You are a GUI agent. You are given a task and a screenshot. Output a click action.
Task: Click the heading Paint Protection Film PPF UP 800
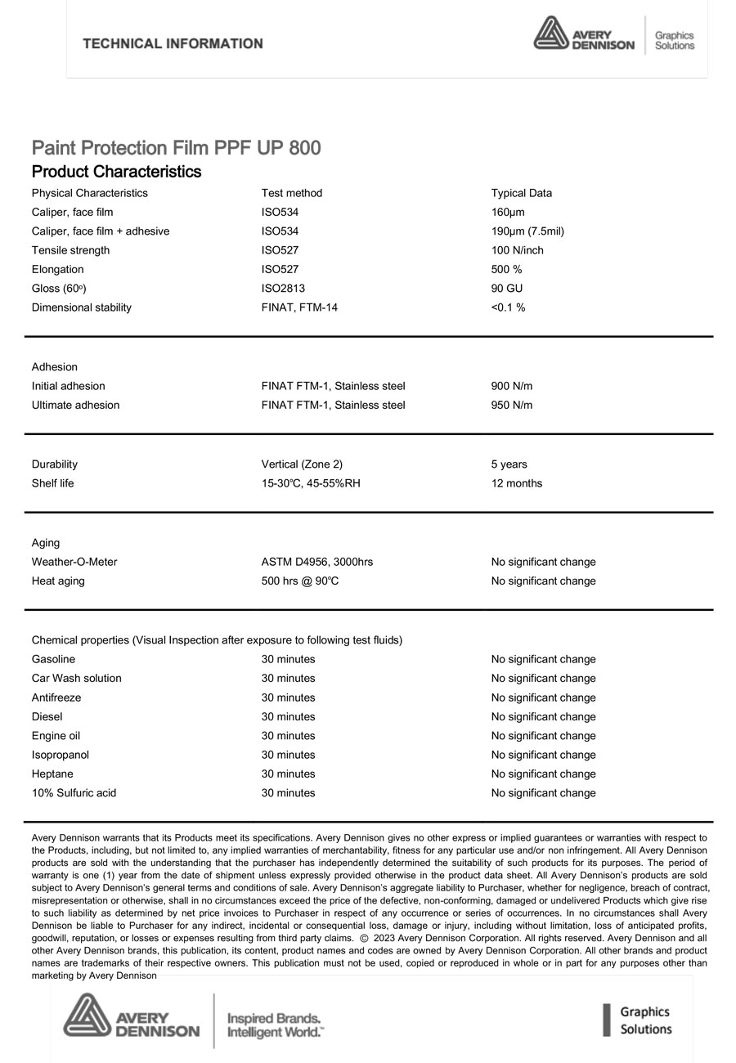176,148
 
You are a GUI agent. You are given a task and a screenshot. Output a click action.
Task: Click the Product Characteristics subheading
116,172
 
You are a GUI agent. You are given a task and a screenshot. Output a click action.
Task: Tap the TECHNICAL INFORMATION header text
173,43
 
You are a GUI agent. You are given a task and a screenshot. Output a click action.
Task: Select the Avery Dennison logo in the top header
584,34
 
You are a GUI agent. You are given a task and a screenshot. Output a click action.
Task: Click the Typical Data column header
521,193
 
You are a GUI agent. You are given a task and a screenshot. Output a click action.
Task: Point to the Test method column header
291,193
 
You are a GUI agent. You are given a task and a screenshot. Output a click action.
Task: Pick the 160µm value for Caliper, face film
507,213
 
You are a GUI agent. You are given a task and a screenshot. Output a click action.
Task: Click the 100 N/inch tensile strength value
517,250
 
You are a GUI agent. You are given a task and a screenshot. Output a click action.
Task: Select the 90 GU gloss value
506,289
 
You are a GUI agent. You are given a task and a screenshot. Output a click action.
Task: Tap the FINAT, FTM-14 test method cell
299,307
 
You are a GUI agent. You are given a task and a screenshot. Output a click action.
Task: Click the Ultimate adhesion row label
75,406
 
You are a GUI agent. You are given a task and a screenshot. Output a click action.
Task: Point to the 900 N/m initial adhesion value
511,386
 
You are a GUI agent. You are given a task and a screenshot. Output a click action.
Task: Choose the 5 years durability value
509,464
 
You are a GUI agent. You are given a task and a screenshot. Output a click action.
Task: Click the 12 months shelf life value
516,483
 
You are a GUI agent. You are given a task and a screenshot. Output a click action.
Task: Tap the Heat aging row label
58,581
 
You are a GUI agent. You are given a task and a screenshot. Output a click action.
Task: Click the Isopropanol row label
61,756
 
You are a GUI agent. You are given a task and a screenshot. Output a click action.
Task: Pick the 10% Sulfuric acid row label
74,793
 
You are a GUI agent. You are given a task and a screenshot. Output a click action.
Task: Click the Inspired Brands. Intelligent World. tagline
274,1025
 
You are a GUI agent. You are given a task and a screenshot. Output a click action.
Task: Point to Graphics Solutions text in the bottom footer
644,1020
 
